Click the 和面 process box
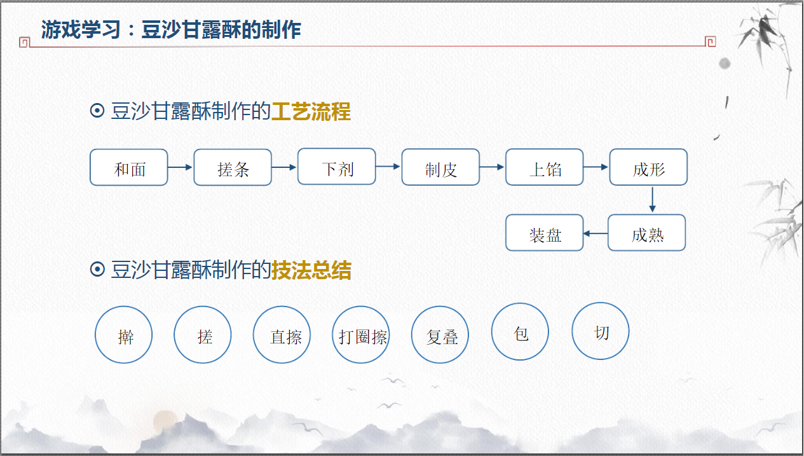(129, 167)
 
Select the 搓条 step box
(233, 167)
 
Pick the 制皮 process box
(440, 167)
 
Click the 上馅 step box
(545, 167)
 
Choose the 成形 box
(648, 167)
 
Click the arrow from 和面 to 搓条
(181, 167)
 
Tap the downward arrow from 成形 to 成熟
(652, 200)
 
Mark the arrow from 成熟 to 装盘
(596, 233)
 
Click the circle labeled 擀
(124, 335)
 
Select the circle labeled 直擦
(282, 335)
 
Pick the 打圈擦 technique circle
(361, 335)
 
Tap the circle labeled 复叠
(440, 335)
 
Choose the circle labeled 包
(520, 331)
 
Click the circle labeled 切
(601, 331)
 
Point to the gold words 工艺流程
(311, 112)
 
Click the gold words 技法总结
(311, 270)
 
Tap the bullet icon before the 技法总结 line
(97, 270)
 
